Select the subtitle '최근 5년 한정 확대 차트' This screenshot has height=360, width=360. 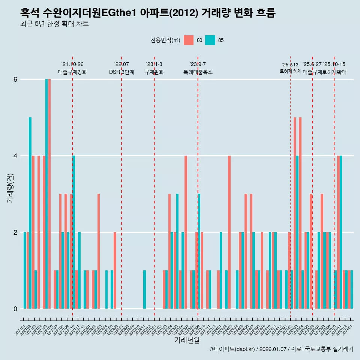coord(54,24)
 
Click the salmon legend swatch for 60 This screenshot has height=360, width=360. coord(189,40)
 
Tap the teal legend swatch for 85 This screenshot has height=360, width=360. coord(210,40)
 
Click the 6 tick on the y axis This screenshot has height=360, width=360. coord(15,79)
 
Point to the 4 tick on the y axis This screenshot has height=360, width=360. coord(15,156)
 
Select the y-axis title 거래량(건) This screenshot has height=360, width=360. coord(10,188)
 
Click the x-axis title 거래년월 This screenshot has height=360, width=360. coord(187,340)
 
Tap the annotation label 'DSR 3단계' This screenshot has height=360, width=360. coord(121,72)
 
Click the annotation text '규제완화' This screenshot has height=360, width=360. coord(154,72)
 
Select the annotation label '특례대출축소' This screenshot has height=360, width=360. coord(198,72)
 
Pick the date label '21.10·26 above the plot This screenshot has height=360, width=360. coord(72,64)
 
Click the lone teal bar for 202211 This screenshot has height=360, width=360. coord(144,289)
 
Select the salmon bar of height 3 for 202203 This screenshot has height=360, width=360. coord(99,251)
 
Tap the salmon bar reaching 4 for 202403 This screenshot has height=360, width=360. coord(229,232)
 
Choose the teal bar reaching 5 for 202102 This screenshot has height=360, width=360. coord(30,213)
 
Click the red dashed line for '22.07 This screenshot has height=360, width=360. coord(121,187)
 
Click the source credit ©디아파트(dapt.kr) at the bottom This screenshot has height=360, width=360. coord(281,349)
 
